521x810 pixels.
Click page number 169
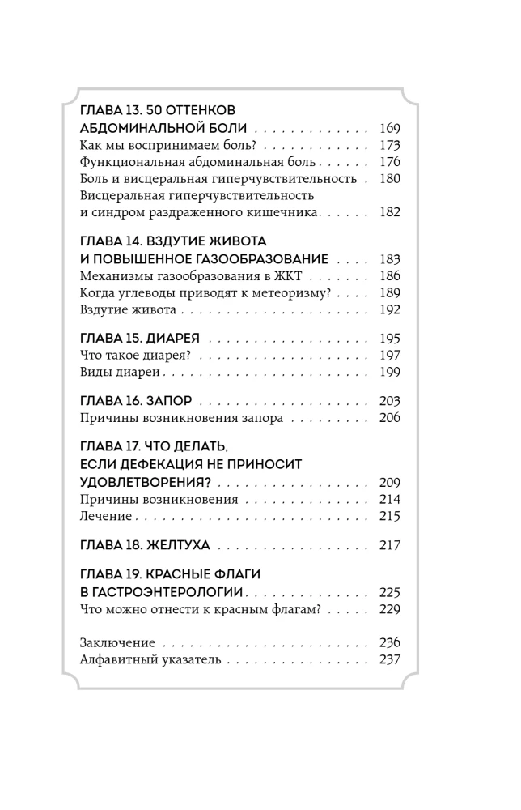point(389,129)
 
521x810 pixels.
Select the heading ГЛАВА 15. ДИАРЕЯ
point(140,337)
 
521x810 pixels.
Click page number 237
point(389,660)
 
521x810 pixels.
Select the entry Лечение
point(106,516)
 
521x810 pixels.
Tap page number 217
point(389,545)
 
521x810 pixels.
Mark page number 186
point(389,275)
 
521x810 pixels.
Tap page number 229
point(389,609)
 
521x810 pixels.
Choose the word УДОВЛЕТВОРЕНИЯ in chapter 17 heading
point(145,482)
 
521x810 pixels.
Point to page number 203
point(389,401)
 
